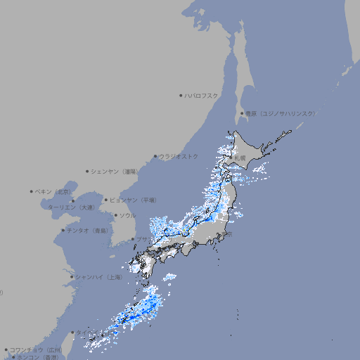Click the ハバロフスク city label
click(x=202, y=95)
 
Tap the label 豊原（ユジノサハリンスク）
click(x=281, y=113)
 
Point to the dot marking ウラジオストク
click(x=155, y=157)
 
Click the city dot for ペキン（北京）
click(x=32, y=191)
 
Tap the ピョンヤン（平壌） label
click(x=133, y=200)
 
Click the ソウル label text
click(x=127, y=215)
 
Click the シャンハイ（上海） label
click(x=98, y=277)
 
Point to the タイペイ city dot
click(x=72, y=333)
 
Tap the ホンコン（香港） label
click(x=38, y=357)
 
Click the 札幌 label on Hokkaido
click(x=240, y=158)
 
